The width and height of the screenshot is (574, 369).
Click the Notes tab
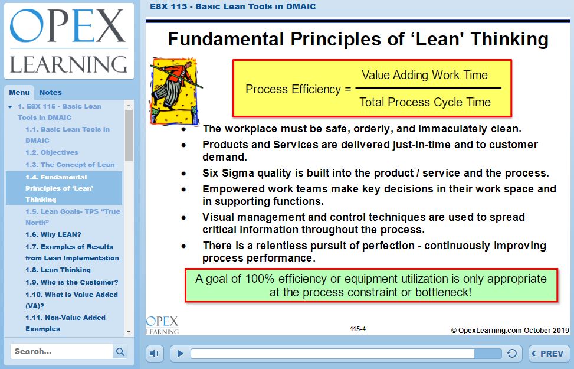(x=50, y=92)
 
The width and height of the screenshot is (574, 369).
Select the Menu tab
(x=19, y=92)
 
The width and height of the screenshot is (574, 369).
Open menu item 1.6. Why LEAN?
(x=53, y=234)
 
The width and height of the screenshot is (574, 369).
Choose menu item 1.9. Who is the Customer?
(x=72, y=282)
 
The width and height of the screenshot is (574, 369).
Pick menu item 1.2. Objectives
(x=51, y=152)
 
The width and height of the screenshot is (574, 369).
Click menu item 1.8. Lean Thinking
(x=58, y=270)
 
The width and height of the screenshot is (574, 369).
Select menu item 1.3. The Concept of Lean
(x=70, y=165)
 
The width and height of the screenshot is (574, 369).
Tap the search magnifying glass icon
(x=120, y=352)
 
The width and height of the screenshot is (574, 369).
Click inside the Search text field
(x=61, y=352)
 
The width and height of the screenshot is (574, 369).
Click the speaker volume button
(x=154, y=354)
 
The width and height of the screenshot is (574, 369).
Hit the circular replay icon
(x=512, y=353)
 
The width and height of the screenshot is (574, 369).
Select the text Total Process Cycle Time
(x=425, y=102)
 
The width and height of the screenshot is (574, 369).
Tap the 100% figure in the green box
(x=260, y=279)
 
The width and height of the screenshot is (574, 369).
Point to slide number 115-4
(x=357, y=329)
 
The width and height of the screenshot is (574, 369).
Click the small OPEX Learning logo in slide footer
(x=162, y=325)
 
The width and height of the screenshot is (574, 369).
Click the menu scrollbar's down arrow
(x=129, y=332)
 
